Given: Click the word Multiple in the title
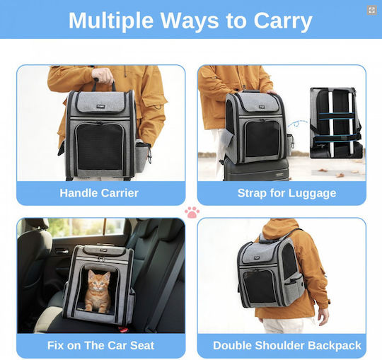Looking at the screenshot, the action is point(111,21).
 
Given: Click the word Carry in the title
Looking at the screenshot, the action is point(283,22).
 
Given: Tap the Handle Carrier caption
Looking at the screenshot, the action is point(99,193).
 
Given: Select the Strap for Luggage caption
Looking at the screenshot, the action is point(286,194).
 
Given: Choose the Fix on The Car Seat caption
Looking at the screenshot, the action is point(100,345).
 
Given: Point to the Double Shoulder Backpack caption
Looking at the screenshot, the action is point(287,345).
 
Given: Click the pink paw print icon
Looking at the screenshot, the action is point(192,212).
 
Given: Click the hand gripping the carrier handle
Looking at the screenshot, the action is point(103,75).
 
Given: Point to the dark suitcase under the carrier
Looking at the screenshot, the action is point(256,169).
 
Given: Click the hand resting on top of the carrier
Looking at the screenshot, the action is point(272,92).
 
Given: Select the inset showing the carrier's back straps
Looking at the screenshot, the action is point(336,123).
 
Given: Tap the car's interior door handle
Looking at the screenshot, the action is point(62,251).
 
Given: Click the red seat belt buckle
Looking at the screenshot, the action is point(124,330).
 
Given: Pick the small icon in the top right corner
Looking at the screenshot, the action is point(372,10).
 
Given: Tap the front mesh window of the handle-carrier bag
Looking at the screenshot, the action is point(100,146).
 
